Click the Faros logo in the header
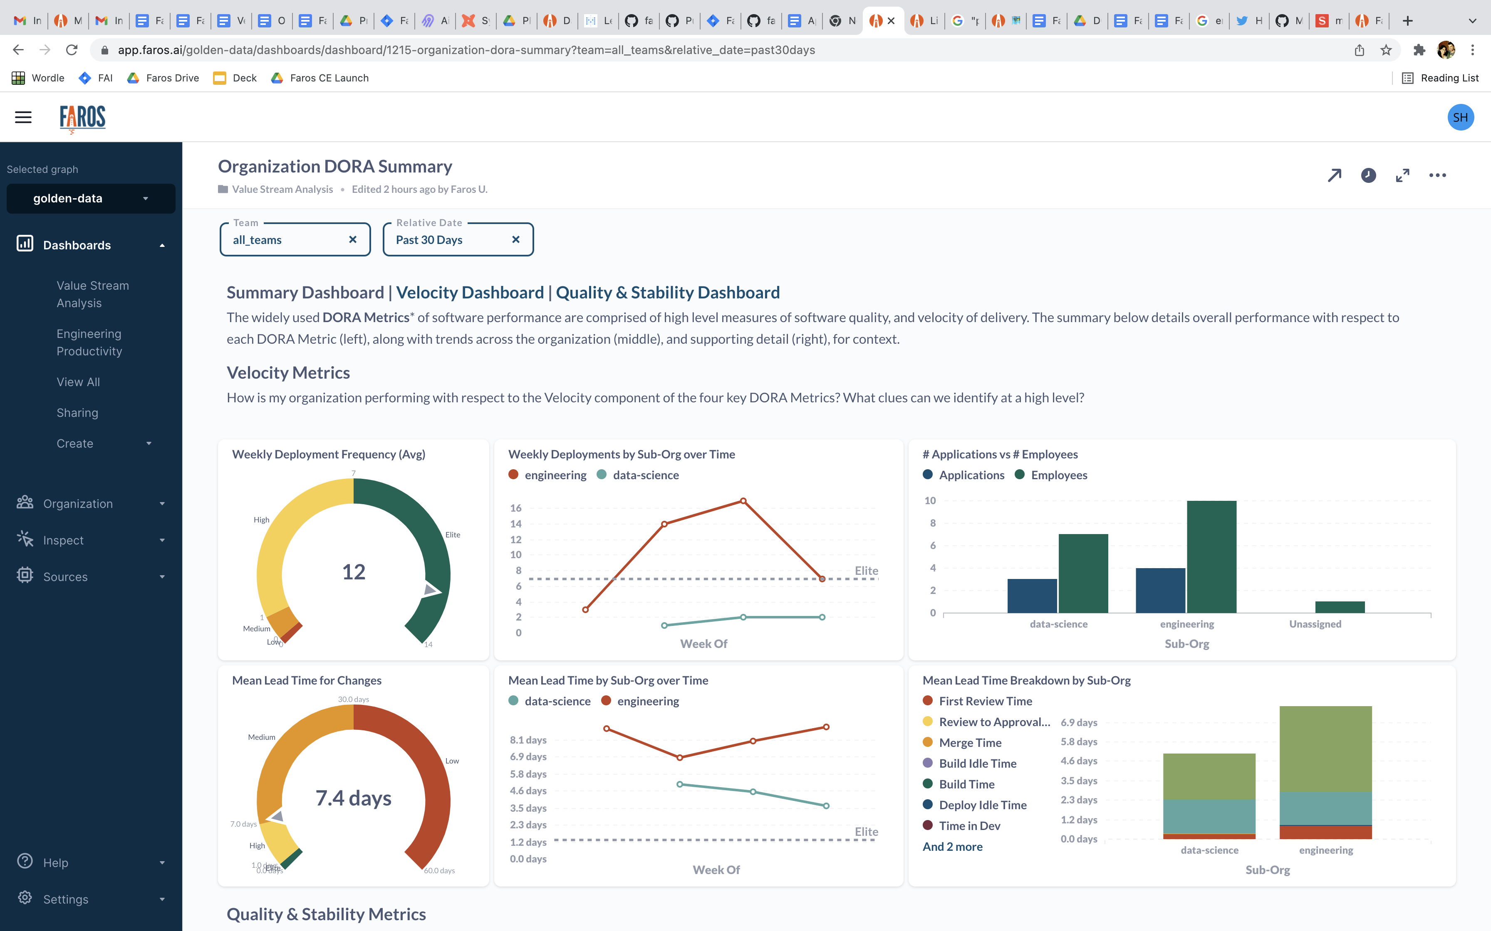click(82, 118)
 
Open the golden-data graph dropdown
click(91, 198)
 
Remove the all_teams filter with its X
click(352, 239)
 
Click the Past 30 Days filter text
click(429, 240)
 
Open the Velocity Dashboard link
click(470, 293)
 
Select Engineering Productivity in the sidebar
click(89, 342)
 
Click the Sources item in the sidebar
click(65, 577)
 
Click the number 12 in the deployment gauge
click(354, 571)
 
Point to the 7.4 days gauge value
click(354, 798)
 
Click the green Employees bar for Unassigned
click(1340, 607)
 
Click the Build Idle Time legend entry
click(977, 764)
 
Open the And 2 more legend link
click(953, 847)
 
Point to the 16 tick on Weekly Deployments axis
click(516, 508)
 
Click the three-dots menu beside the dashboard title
click(1437, 175)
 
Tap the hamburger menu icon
click(23, 118)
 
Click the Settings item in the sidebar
click(65, 899)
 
